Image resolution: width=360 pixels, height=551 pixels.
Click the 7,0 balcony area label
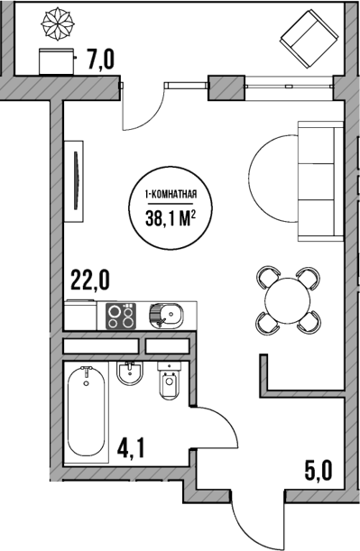[100, 61]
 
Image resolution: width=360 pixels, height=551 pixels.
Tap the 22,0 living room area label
[89, 280]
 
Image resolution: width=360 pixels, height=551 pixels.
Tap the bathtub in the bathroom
[87, 410]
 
